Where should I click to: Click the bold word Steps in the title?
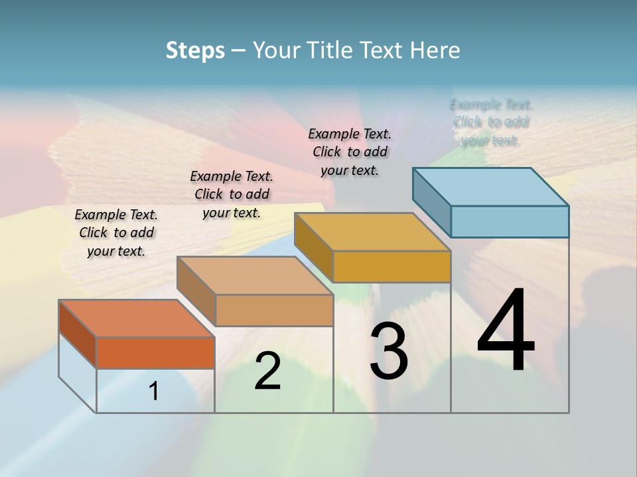195,50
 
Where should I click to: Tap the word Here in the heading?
435,50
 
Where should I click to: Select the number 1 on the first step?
154,392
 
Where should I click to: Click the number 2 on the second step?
267,371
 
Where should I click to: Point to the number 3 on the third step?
389,352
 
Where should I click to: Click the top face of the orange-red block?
136,319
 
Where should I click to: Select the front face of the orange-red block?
155,352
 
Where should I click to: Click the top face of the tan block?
255,276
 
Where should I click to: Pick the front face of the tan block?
274,310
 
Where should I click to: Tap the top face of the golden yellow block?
372,232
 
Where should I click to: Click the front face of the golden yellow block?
391,266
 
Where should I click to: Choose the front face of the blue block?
510,221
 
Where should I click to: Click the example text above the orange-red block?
116,233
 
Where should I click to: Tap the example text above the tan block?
232,194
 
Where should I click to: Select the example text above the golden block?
350,152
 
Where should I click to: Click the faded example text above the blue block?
491,123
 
